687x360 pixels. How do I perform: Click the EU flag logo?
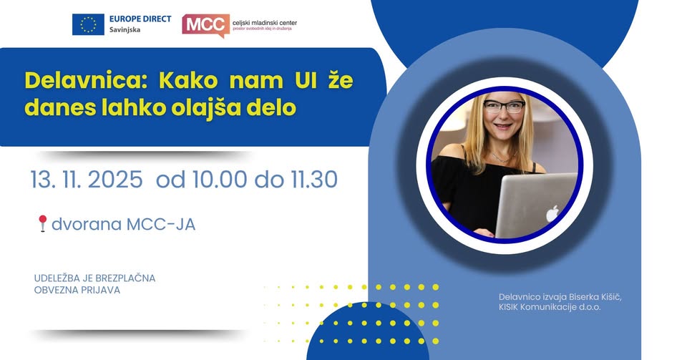(88, 24)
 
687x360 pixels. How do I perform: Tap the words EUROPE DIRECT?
(141, 18)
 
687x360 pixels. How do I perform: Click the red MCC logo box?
(206, 24)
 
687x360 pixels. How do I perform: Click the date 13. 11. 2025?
(86, 180)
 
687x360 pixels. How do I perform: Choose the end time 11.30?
(311, 180)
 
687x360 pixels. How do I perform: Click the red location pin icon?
(42, 224)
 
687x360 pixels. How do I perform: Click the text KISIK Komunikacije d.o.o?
(550, 307)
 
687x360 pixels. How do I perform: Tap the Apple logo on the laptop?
(552, 213)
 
